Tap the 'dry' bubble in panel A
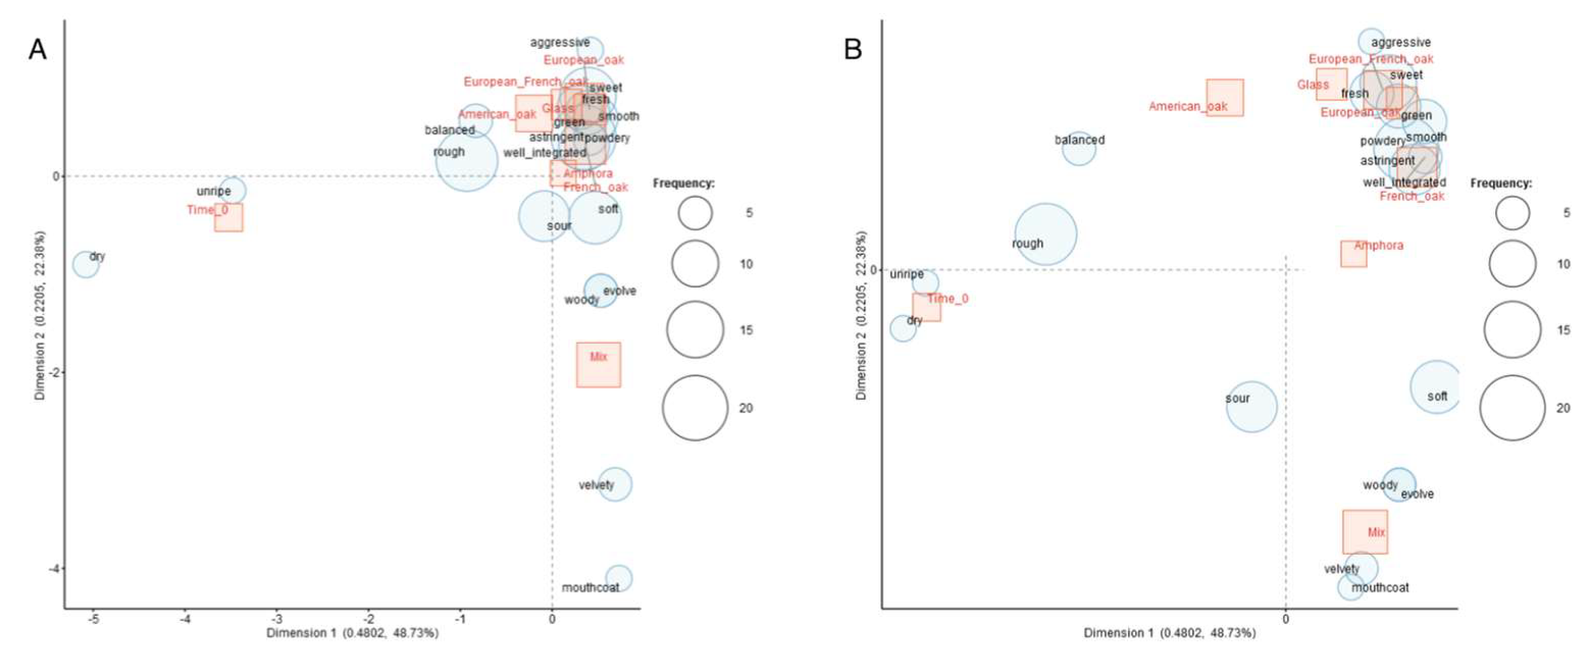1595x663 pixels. click(86, 265)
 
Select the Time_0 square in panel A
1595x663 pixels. click(228, 217)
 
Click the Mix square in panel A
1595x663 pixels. click(598, 365)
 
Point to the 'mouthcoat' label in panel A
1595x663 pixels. click(590, 588)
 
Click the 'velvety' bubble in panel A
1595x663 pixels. click(614, 484)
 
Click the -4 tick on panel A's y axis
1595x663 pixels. click(56, 568)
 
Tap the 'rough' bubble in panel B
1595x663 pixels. click(1045, 234)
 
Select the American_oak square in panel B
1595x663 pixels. click(1225, 97)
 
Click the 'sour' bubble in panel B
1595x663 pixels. click(1251, 407)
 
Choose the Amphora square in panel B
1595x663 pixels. click(1354, 254)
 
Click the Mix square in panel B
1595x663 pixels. click(1365, 532)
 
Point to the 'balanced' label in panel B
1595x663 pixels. click(1079, 140)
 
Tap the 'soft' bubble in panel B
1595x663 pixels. click(1436, 387)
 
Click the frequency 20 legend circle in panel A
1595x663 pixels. click(695, 407)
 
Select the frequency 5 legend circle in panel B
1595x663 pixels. click(1512, 213)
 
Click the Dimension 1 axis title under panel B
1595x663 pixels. click(1170, 633)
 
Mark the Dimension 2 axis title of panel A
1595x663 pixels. click(40, 315)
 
